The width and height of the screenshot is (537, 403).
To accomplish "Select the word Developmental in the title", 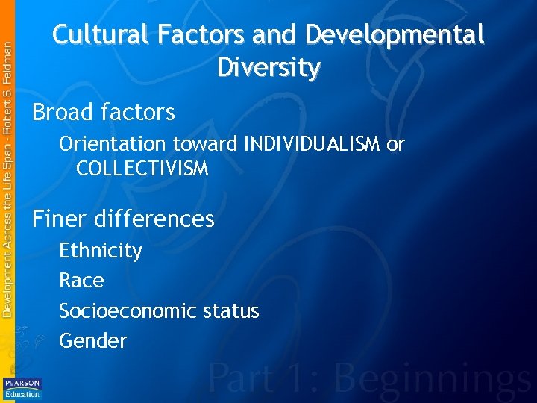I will click(x=395, y=34).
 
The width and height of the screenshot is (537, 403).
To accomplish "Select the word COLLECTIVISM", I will click(x=142, y=169).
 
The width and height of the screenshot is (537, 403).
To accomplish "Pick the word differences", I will click(x=154, y=219).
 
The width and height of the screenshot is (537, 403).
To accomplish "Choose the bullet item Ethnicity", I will click(x=101, y=251).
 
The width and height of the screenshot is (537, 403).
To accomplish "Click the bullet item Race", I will click(x=81, y=281).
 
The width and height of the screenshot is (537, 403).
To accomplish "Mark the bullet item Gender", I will click(x=93, y=341).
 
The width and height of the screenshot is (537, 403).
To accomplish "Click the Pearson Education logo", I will click(x=22, y=387).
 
